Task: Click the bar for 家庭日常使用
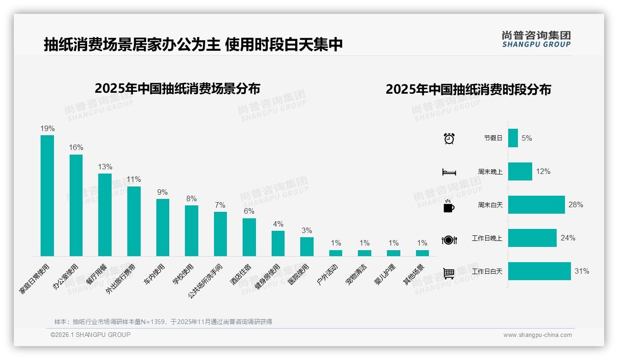click(x=47, y=196)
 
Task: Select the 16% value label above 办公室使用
click(x=76, y=148)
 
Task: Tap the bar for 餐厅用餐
click(x=105, y=215)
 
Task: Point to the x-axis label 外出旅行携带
click(x=121, y=279)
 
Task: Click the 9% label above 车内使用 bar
click(x=162, y=192)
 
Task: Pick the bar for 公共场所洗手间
click(x=220, y=234)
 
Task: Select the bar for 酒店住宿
click(x=249, y=237)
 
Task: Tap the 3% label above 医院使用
click(x=307, y=230)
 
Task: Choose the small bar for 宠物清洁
click(x=364, y=253)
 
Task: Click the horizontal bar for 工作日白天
click(x=539, y=271)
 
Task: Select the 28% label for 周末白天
click(x=576, y=205)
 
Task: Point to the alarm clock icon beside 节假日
click(x=449, y=138)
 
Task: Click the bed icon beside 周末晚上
click(x=449, y=172)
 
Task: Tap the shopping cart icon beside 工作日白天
click(x=449, y=273)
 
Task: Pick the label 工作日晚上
click(x=487, y=238)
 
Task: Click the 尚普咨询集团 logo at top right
click(x=536, y=39)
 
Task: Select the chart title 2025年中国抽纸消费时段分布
click(x=468, y=90)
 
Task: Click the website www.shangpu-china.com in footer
click(x=537, y=335)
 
